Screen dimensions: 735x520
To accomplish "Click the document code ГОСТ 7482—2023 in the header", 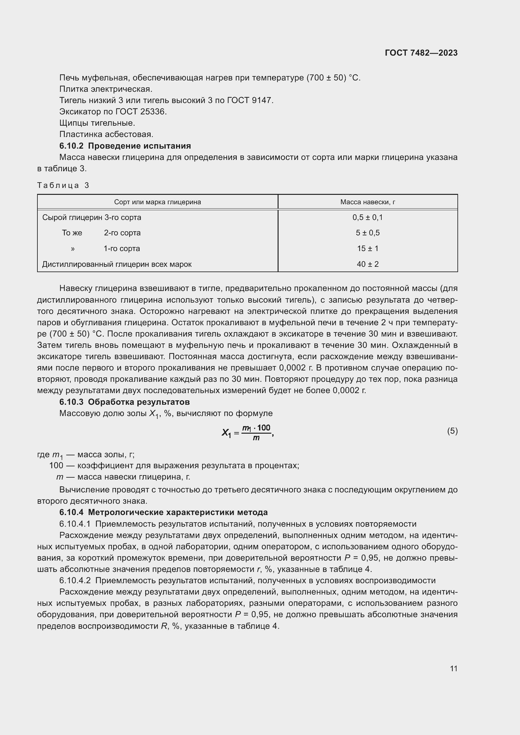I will tap(421, 53).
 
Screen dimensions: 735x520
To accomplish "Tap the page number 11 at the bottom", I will tap(453, 668).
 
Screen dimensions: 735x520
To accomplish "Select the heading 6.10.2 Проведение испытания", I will tap(125, 146).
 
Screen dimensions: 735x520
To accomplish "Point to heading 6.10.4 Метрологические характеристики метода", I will tap(163, 512).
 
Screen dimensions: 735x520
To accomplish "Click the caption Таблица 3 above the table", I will tap(63, 185).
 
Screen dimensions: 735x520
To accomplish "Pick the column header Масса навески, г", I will tap(368, 202).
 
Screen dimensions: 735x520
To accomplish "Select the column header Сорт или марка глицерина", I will tap(158, 202).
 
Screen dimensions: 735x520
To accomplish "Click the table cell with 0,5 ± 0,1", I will tap(368, 217).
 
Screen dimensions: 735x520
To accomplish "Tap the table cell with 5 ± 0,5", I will tap(368, 233).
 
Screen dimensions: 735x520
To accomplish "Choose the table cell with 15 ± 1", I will tap(368, 249).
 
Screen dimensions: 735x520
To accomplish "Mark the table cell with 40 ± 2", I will tap(368, 264).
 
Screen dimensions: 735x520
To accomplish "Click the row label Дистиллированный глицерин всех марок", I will tap(117, 264).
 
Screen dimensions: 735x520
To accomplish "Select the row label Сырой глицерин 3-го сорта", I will tap(91, 217).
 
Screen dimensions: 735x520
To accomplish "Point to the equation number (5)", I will tap(452, 431).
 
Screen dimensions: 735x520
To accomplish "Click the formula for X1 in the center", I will tap(247, 432).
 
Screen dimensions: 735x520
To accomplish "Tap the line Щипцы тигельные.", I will tap(97, 123).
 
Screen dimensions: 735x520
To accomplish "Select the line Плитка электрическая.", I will tap(106, 89).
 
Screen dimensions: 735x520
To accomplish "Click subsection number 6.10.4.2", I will tap(75, 580).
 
